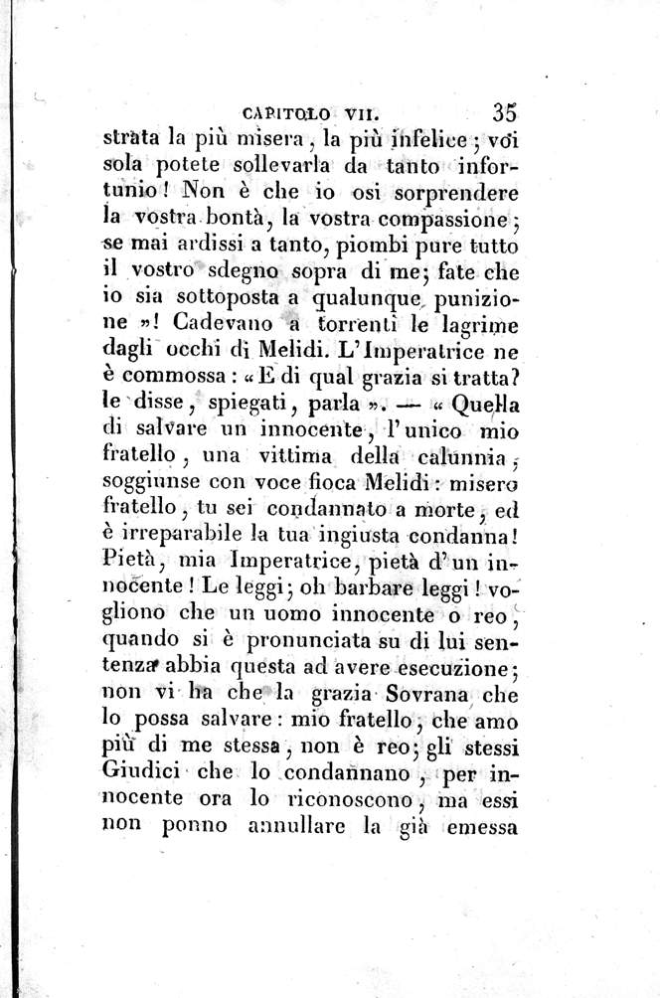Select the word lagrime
(482, 325)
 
